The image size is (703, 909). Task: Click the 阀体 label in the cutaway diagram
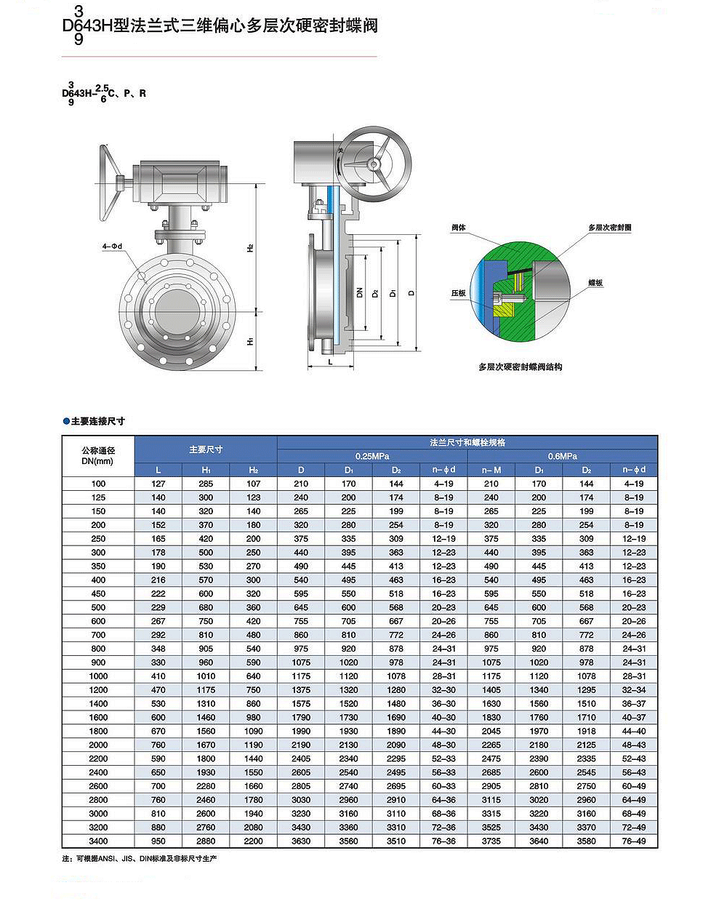pos(458,228)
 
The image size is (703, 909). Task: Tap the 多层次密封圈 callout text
pos(609,228)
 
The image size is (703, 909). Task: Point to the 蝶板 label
pos(595,282)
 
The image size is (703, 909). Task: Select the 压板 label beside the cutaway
pos(458,293)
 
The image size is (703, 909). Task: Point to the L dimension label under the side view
pos(330,361)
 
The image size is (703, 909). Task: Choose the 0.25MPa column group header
pos(372,456)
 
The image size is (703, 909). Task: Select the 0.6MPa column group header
pos(562,456)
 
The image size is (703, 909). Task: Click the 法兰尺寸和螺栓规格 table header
pos(467,442)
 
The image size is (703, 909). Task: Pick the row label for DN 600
pos(98,621)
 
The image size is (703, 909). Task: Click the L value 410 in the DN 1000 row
pos(158,676)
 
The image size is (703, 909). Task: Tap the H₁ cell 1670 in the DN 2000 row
pos(206,745)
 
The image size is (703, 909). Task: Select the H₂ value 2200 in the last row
pos(253,841)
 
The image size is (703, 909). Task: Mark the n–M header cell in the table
pos(491,470)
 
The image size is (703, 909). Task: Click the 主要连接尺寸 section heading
pos(97,421)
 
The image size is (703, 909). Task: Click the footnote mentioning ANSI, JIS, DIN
pos(140,859)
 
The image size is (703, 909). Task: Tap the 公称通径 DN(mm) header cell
pos(98,456)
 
